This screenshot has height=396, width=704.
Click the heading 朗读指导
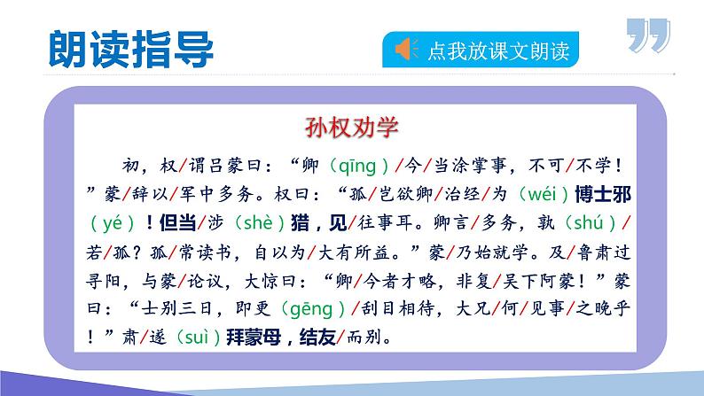pos(130,50)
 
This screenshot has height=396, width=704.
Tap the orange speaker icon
pos(406,49)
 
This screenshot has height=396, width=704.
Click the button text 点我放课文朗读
pos(498,50)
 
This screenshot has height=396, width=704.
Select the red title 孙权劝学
pos(351,127)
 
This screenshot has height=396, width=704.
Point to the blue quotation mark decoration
pos(648,35)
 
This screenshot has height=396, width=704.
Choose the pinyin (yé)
pos(113,223)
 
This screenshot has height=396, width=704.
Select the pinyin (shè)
pos(260,223)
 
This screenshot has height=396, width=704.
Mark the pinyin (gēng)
pos(312,309)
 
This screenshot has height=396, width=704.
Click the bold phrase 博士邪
pos(603,194)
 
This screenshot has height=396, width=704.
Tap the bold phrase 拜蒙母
pos(254,338)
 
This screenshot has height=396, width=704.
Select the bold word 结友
pos(317,338)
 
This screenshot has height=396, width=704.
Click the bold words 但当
pos(178,223)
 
